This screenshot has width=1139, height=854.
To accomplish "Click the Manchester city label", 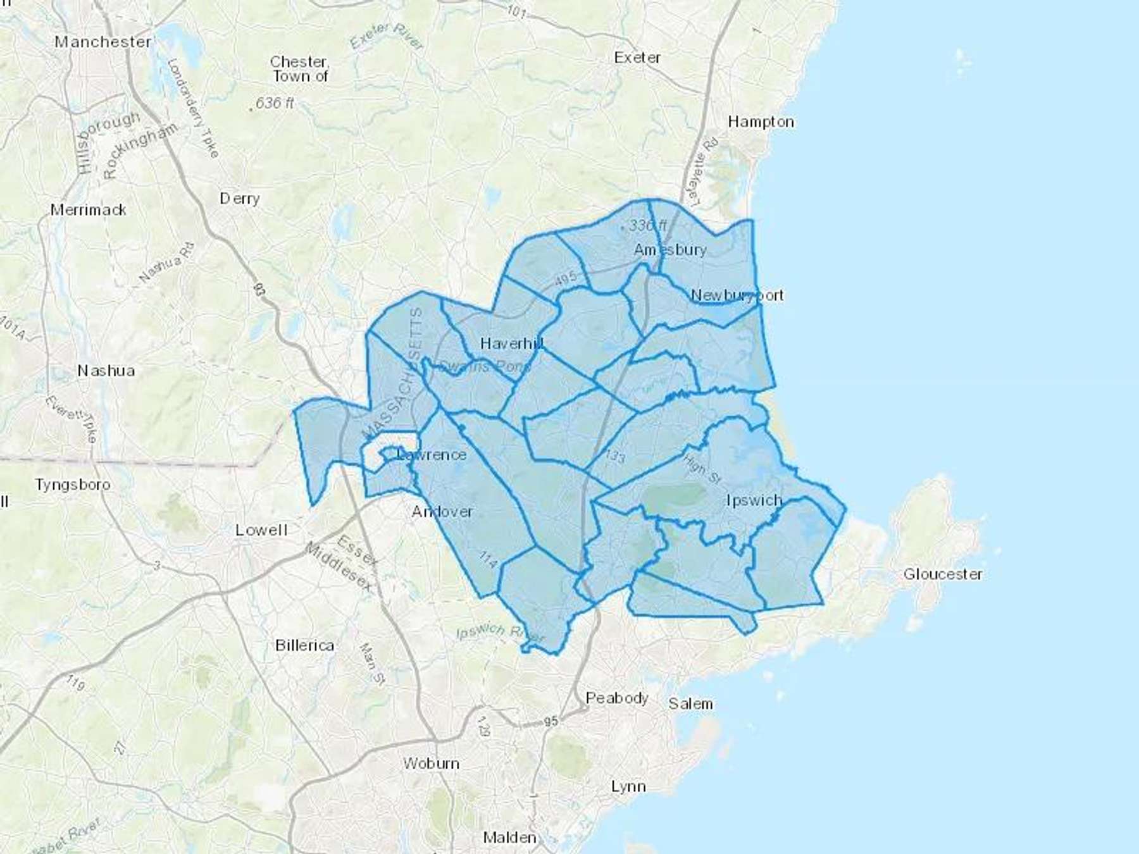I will (x=103, y=42).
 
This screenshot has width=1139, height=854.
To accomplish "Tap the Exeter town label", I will (x=637, y=58).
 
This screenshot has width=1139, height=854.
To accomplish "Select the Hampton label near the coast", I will (x=761, y=121).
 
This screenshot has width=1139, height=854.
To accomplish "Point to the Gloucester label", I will (x=943, y=574).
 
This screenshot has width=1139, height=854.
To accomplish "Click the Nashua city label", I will (x=106, y=371).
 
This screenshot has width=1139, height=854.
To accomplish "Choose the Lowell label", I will (x=261, y=530).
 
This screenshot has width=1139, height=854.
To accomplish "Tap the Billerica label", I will (x=304, y=645).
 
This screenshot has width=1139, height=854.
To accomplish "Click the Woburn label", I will (x=432, y=764).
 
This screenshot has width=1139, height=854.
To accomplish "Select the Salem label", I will (x=690, y=703).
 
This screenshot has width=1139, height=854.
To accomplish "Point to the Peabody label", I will (x=617, y=698).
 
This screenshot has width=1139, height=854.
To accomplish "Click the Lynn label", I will (x=628, y=786).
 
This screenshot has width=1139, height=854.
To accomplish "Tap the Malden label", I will (x=509, y=838).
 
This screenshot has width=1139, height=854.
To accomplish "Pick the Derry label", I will (x=240, y=199).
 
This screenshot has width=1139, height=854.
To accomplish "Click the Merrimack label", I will (x=89, y=210).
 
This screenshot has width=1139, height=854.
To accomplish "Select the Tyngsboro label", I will (x=73, y=485).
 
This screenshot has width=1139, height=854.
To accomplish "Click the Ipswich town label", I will (x=754, y=500).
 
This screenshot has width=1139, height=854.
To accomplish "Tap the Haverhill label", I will (x=511, y=343).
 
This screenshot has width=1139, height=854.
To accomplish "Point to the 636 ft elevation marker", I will (x=273, y=102).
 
